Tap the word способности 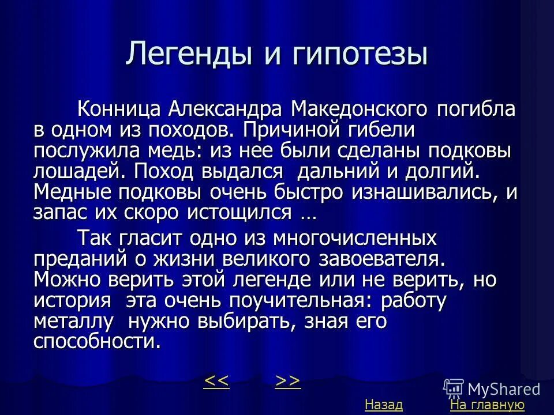pos(95,341)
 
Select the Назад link pos(383,405)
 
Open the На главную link pos(487,405)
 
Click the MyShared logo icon pos(454,387)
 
